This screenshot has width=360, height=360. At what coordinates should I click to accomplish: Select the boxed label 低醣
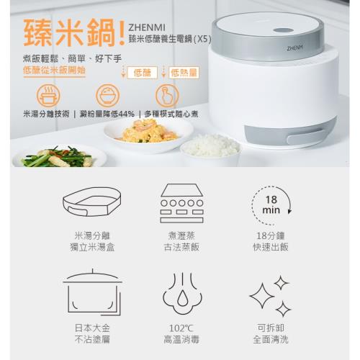pos(143,73)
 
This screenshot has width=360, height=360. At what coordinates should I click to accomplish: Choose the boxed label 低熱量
pos(184,73)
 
